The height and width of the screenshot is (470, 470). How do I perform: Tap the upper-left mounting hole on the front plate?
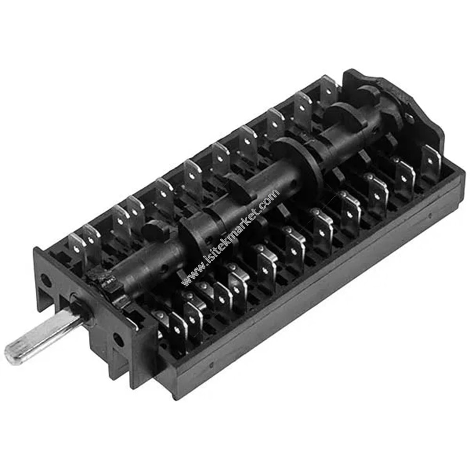click(46, 280)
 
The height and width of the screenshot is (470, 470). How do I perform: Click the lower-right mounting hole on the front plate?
click(118, 340)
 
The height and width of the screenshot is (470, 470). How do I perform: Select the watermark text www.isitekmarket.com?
click(230, 237)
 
